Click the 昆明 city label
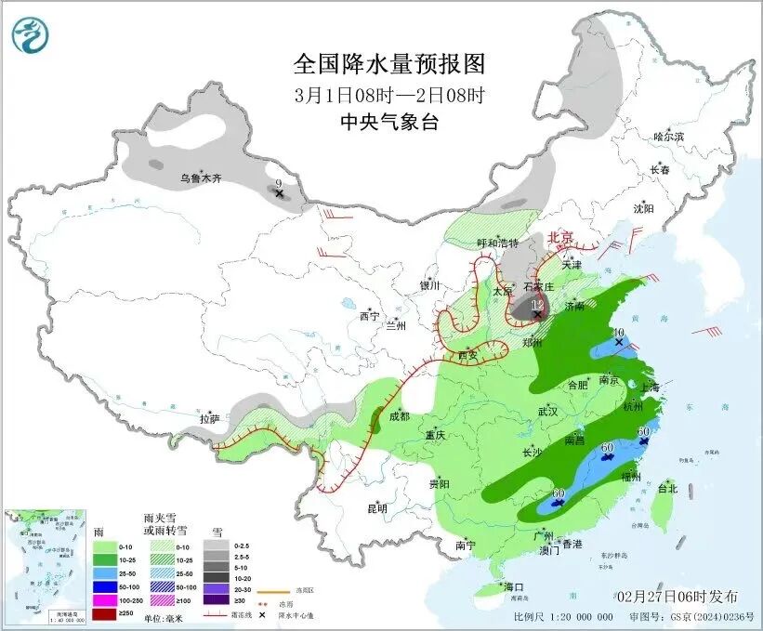coord(376,508)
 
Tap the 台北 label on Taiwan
coord(667,488)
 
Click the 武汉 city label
coord(547,411)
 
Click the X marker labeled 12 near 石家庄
coord(538,316)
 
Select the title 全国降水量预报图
coord(389,64)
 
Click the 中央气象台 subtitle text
coord(389,122)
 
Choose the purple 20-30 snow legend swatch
coord(217,587)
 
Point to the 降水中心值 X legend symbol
coord(265,614)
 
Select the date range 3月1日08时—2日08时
coord(389,95)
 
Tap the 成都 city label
coord(400,416)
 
